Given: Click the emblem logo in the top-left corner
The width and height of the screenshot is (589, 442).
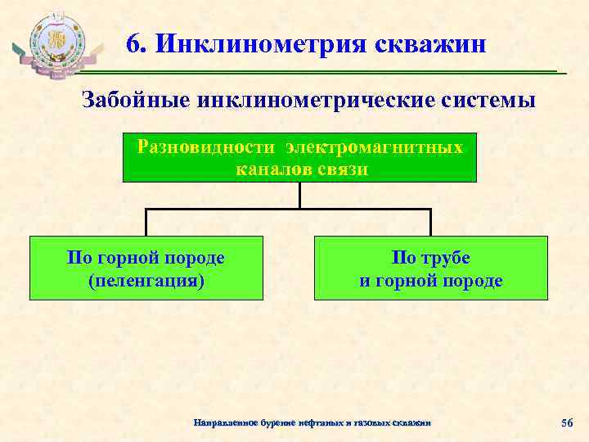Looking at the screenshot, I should pyautogui.click(x=57, y=45).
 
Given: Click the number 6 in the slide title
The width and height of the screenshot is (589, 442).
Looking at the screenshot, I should pyautogui.click(x=133, y=43).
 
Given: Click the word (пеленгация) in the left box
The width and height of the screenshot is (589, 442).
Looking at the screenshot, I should pyautogui.click(x=146, y=281).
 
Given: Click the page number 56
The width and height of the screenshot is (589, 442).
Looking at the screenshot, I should pyautogui.click(x=567, y=422).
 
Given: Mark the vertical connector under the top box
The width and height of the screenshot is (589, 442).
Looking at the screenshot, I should pyautogui.click(x=300, y=195).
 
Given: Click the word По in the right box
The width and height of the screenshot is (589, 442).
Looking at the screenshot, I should pyautogui.click(x=403, y=258).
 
